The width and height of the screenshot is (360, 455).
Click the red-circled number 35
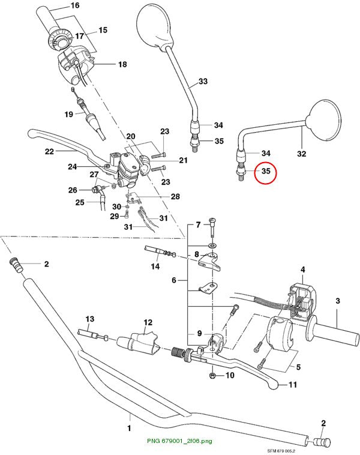[x=266, y=171]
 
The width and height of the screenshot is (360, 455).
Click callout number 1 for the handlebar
[x=129, y=428]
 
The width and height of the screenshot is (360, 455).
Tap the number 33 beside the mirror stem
[x=203, y=81]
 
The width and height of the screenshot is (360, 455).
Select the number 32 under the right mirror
[x=302, y=154]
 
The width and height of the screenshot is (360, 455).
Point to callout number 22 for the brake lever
[x=49, y=151]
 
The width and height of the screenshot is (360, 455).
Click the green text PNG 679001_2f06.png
[x=179, y=441]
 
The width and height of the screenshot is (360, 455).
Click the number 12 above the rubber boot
[x=148, y=322]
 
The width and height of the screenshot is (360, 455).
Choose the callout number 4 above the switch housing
[x=303, y=270]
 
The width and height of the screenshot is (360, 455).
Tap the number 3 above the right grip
[x=338, y=301]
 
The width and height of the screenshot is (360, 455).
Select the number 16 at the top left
[x=75, y=5]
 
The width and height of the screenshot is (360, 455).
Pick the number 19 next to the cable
[x=69, y=114]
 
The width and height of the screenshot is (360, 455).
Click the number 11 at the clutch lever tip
[x=293, y=385]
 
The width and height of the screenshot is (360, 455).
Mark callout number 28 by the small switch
[x=175, y=196]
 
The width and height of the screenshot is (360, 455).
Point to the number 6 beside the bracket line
[x=174, y=280]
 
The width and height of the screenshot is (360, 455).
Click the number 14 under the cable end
[x=155, y=266]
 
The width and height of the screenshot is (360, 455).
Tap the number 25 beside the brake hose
[x=80, y=202]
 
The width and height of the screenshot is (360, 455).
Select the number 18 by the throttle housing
[x=122, y=64]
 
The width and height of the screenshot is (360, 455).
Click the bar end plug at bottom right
[x=322, y=442]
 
